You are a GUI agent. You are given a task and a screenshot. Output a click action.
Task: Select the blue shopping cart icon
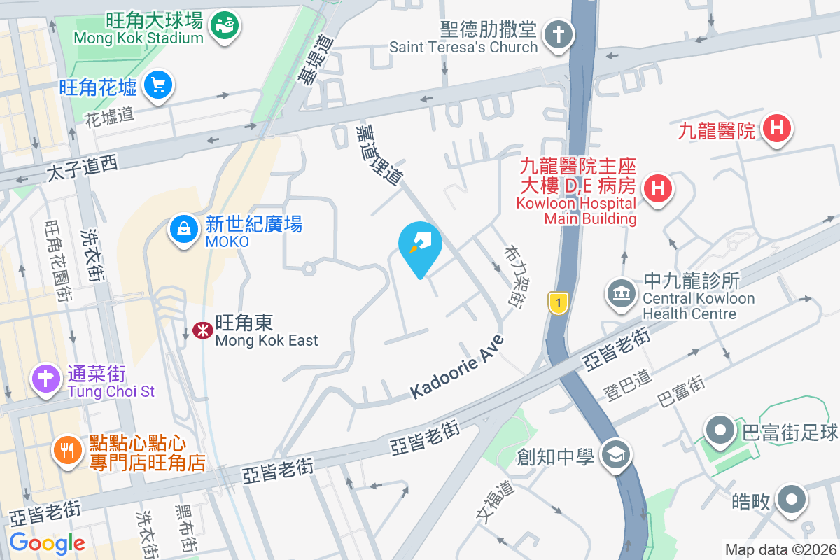click(158, 86)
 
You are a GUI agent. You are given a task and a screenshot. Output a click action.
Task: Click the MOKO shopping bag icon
click(183, 228)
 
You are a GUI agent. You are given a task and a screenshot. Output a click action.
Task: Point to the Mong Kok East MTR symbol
click(203, 330)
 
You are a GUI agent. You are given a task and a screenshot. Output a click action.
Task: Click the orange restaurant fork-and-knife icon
click(68, 449)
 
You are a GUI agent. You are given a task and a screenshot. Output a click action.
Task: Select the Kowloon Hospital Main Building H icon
click(657, 188)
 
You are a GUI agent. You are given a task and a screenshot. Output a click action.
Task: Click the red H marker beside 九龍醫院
click(776, 129)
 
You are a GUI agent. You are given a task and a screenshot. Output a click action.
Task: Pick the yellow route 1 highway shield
click(557, 303)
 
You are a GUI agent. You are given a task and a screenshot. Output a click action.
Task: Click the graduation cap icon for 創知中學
click(617, 455)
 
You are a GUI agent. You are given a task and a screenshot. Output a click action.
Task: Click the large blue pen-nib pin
click(420, 245)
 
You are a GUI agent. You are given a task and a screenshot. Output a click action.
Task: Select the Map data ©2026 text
click(780, 550)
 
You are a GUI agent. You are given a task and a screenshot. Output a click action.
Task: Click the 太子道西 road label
click(83, 167)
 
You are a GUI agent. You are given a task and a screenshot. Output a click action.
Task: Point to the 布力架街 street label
click(514, 276)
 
